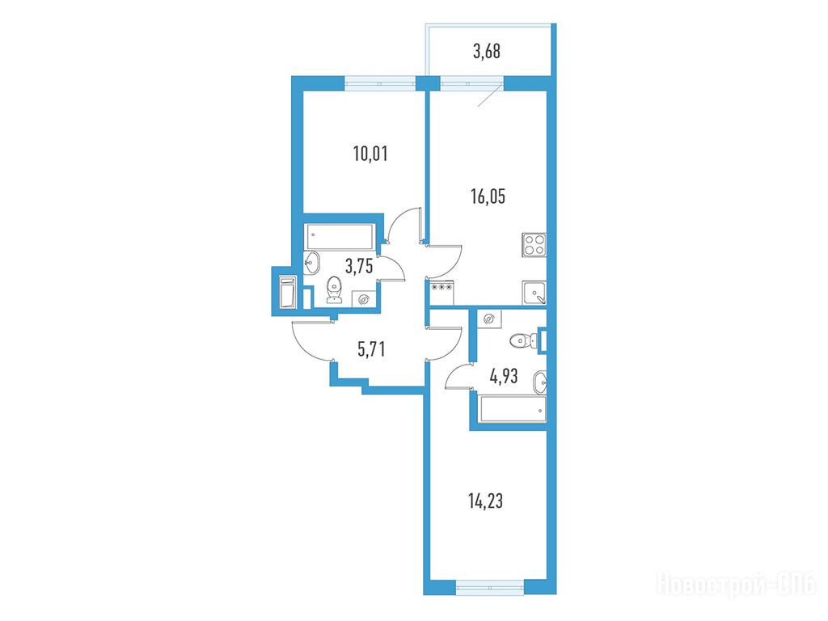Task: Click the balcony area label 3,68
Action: pos(486,52)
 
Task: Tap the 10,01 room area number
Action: pos(370,154)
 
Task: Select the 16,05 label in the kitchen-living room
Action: pos(488,196)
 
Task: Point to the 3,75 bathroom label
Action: pos(359,265)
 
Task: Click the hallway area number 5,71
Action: pos(371,349)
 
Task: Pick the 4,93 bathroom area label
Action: pos(504,377)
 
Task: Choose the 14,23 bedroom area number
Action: pos(486,501)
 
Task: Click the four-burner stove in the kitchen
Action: pos(534,245)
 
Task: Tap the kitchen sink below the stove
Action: pos(534,293)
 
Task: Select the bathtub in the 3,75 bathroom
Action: pos(340,237)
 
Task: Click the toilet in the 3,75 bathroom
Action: pos(334,290)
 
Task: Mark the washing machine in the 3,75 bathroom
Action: pos(363,299)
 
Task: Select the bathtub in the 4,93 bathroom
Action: pos(512,410)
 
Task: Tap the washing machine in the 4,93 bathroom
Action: pos(489,319)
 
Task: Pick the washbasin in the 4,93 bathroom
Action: pos(539,382)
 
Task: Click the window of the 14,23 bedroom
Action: pos(489,587)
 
